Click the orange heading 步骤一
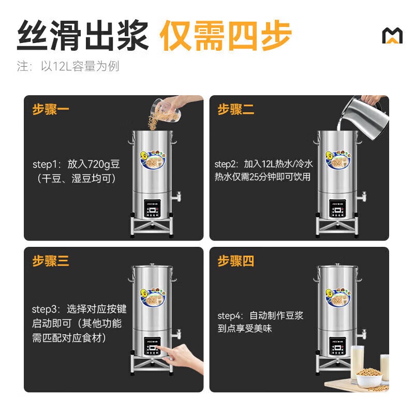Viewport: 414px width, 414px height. (x=51, y=110)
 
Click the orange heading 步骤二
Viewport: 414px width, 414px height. (x=236, y=110)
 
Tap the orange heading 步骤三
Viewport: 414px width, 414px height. (x=51, y=261)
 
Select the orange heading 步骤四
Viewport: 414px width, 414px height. (x=236, y=261)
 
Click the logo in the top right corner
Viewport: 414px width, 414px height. (x=392, y=36)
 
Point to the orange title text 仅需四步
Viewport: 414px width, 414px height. (x=225, y=35)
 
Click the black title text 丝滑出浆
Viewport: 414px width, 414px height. (x=83, y=35)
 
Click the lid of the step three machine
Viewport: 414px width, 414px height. (x=153, y=268)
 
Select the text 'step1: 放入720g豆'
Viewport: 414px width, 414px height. (x=76, y=164)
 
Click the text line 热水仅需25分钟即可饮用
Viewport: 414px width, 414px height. (x=263, y=177)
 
